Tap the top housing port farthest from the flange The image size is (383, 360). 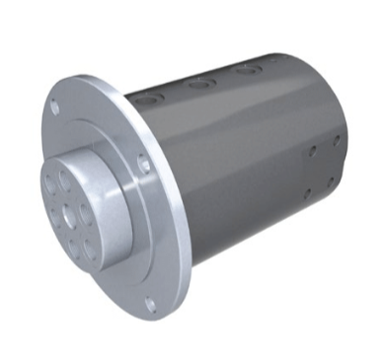[x=249, y=70]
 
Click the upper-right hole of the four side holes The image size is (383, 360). [x=337, y=139]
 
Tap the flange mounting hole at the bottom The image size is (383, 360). [x=149, y=303]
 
